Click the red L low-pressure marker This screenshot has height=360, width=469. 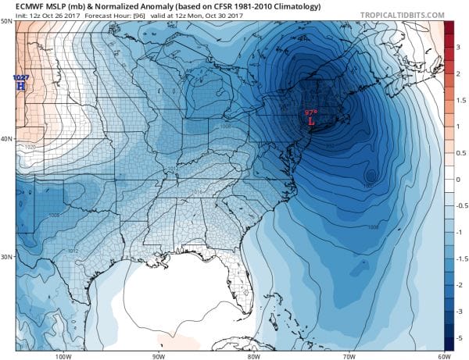(x=312, y=123)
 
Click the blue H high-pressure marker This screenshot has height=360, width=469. (x=20, y=86)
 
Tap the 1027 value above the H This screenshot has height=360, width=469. (x=20, y=77)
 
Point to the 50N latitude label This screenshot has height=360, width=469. (x=7, y=21)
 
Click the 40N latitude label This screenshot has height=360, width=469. (x=7, y=139)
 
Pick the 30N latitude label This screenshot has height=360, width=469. (x=7, y=257)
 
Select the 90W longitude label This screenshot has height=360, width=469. (x=158, y=356)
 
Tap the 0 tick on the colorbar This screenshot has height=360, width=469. (x=459, y=180)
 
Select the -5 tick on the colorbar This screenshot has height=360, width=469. (x=459, y=338)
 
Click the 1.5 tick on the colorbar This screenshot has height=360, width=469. (x=459, y=100)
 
